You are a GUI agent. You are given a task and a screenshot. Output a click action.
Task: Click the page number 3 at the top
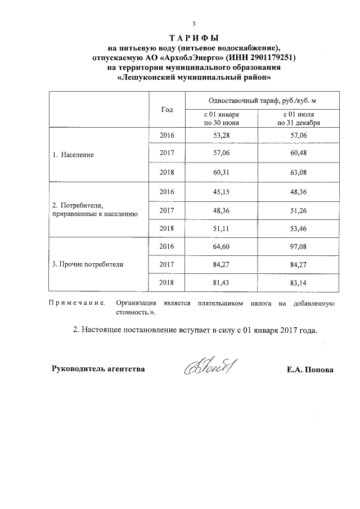point(193,24)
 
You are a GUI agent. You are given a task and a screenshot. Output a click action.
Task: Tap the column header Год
point(167,110)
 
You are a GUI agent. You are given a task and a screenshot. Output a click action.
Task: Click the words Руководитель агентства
point(98,370)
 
